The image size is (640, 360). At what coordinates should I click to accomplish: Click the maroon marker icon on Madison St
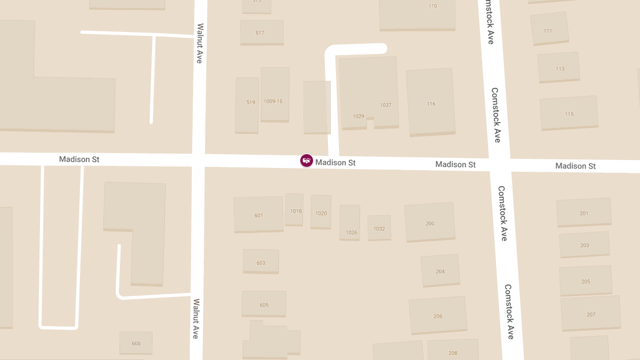coord(307,161)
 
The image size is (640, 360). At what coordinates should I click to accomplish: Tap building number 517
coord(261,33)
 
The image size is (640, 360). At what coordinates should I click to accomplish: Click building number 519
coord(247,105)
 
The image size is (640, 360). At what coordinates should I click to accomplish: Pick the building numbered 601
coord(259,214)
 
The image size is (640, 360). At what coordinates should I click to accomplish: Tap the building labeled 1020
coord(321,212)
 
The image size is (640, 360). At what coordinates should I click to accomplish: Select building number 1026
coord(350,222)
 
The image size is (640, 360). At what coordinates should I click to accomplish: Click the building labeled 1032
coord(379,228)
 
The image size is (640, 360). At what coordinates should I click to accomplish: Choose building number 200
coord(430,222)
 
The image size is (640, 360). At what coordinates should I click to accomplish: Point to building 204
coord(440,270)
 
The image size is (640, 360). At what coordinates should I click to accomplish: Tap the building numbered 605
coord(264,304)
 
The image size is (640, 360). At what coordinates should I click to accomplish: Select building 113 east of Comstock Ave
coord(559,68)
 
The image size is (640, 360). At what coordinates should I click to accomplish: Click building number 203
coord(585,245)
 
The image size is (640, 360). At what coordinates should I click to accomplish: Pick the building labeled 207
coord(590,314)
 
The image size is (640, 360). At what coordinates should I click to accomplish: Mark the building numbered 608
coord(136,343)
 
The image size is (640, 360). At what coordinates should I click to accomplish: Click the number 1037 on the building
coord(386,105)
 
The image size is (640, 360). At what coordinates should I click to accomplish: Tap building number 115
coord(569,113)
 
